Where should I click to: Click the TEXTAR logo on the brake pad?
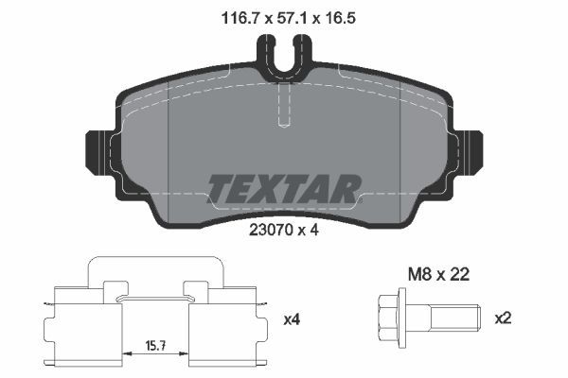pos(283,189)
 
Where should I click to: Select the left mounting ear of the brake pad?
pos(100,149)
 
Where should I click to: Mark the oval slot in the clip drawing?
pos(157,300)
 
